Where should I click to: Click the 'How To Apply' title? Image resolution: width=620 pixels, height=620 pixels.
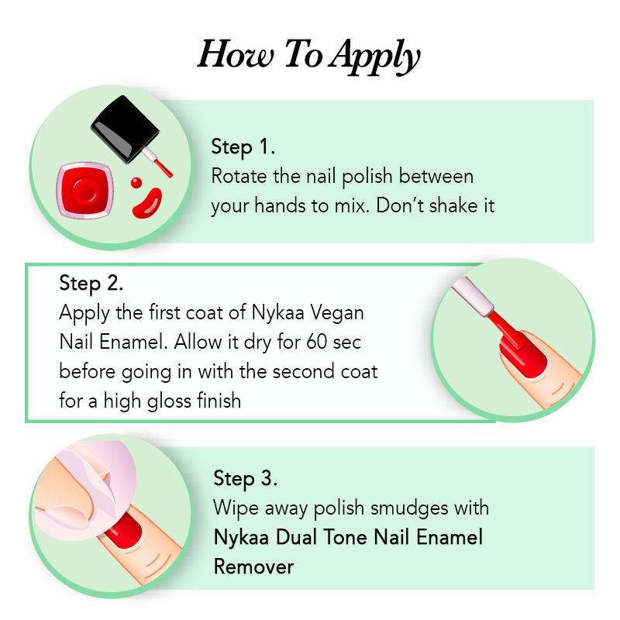point(308,55)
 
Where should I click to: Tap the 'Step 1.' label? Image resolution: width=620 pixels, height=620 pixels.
point(243,147)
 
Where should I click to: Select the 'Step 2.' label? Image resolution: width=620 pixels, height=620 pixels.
point(91,284)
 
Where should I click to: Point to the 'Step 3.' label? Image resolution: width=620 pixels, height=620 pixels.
point(245,478)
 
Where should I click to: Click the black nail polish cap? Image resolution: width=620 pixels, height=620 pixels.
point(125,129)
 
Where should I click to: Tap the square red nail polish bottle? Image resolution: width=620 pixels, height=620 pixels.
point(85,190)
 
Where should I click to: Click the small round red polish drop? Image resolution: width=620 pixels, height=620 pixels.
point(136,183)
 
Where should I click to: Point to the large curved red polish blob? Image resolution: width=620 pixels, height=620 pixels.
point(147,203)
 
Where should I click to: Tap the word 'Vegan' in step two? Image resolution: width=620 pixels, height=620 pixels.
point(336,313)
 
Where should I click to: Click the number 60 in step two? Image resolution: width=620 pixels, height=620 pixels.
point(317,342)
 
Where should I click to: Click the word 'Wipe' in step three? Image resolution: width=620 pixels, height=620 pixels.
point(236,508)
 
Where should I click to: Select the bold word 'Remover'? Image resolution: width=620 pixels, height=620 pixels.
point(254,567)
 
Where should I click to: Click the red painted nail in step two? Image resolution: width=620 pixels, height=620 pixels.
point(522,354)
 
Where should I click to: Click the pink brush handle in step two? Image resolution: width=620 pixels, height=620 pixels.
point(473,297)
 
